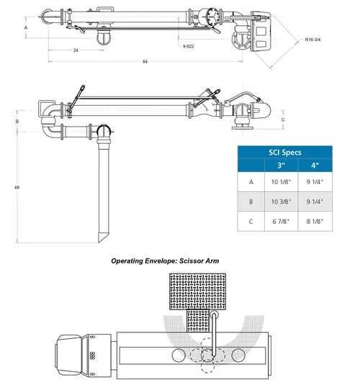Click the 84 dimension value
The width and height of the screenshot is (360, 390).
[x=145, y=63]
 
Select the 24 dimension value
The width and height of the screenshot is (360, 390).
[x=76, y=50]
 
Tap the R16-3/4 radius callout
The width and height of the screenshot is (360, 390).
[x=314, y=39]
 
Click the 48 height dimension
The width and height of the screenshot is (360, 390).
[x=16, y=187]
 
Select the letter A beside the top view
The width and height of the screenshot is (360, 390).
[x=26, y=27]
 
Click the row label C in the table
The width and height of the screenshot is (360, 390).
[x=251, y=222]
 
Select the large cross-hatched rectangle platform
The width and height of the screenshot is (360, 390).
[x=195, y=291]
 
